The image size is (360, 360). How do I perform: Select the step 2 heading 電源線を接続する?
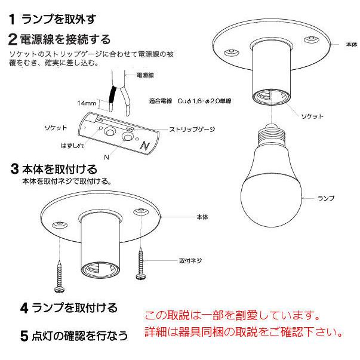[60, 40]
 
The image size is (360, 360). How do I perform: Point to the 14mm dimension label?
[87, 103]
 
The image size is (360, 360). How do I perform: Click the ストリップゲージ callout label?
[192, 129]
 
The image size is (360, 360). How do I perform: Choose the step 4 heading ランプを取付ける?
[67, 308]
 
